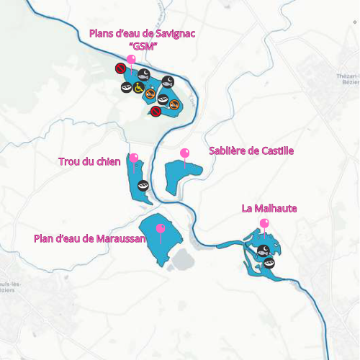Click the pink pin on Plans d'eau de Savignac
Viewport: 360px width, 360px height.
click(131, 60)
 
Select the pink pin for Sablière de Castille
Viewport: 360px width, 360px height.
click(184, 154)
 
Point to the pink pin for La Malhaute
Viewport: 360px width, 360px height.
click(265, 224)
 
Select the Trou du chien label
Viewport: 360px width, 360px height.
click(89, 161)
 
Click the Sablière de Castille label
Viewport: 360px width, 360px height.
click(251, 151)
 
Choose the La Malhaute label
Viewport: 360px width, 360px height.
click(269, 209)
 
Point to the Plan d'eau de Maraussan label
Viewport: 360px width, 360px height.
click(90, 238)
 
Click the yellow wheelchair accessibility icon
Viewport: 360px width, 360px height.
click(138, 88)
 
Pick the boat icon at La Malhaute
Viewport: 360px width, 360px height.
click(269, 262)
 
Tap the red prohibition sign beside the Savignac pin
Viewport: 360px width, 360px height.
click(120, 68)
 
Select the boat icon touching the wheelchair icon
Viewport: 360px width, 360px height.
click(126, 87)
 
